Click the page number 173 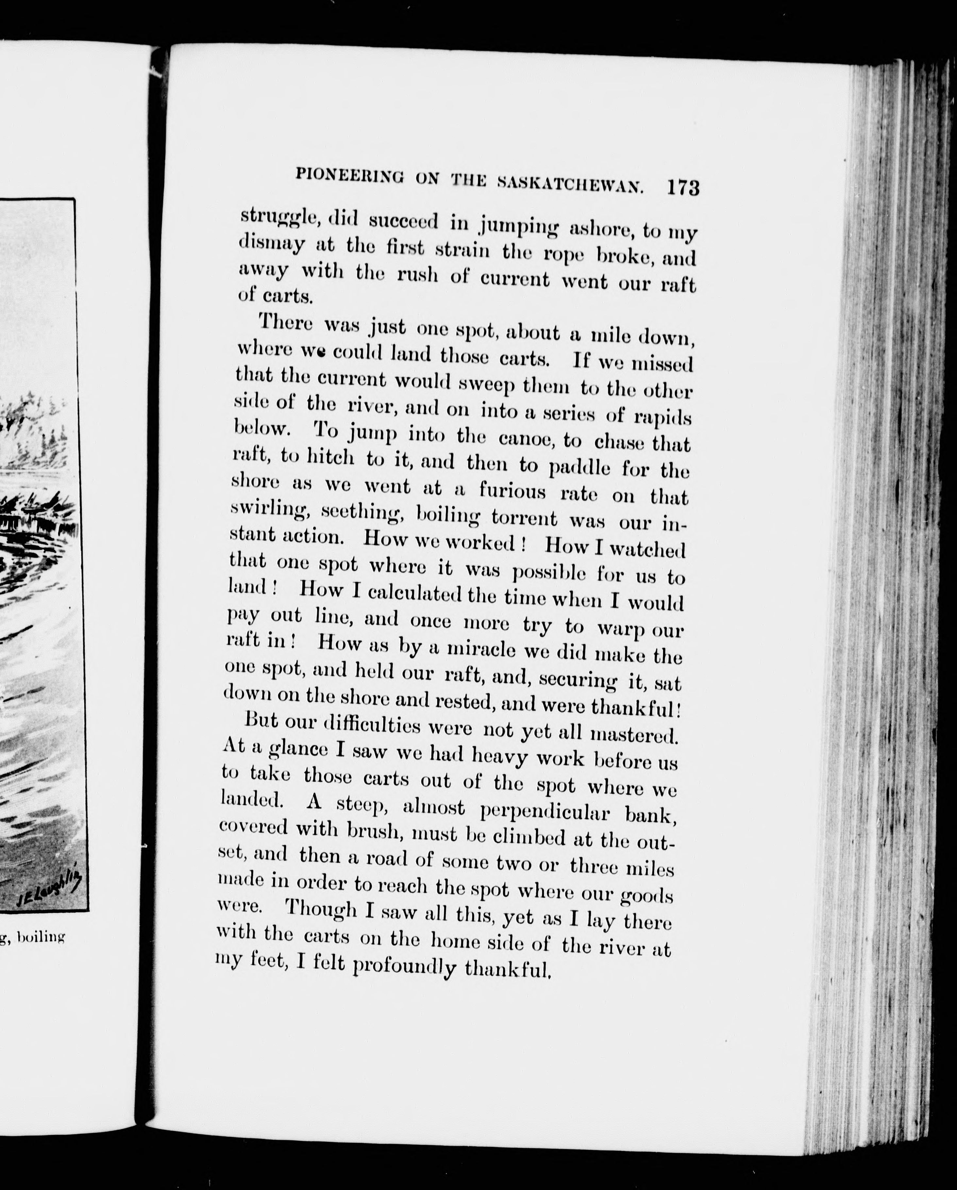click(683, 188)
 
